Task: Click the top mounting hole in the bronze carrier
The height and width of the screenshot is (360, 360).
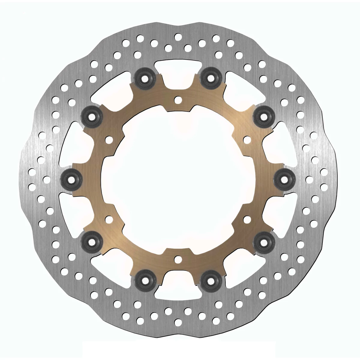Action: [178, 99]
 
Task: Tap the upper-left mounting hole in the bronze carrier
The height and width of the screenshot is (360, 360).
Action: [109, 139]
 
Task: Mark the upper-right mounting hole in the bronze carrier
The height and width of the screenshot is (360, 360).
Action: [247, 139]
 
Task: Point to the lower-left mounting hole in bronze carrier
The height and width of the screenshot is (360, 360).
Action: [109, 219]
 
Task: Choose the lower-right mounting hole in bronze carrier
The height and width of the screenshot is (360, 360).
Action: [247, 219]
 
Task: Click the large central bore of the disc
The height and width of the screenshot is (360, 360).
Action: [178, 179]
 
